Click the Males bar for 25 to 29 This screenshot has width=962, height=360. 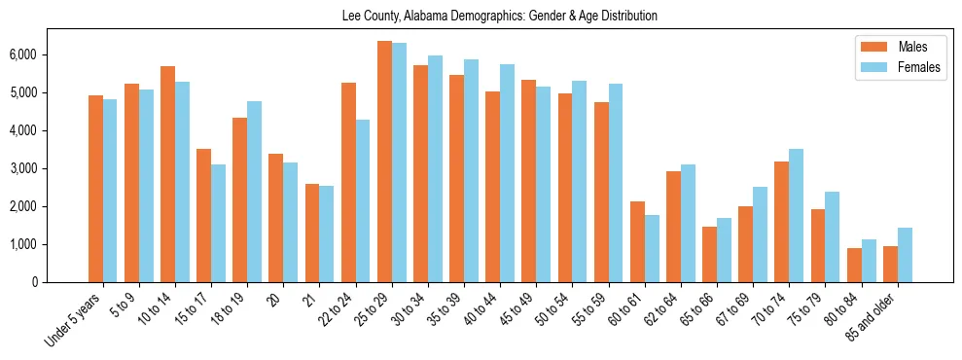coord(384,162)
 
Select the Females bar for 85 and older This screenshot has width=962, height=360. coord(905,255)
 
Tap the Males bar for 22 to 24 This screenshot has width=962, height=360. coord(348,183)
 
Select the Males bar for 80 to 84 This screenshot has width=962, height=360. coord(854,265)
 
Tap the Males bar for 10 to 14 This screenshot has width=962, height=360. coord(167,174)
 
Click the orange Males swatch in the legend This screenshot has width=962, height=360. coord(869,47)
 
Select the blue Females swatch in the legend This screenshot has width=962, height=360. coord(869,68)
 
